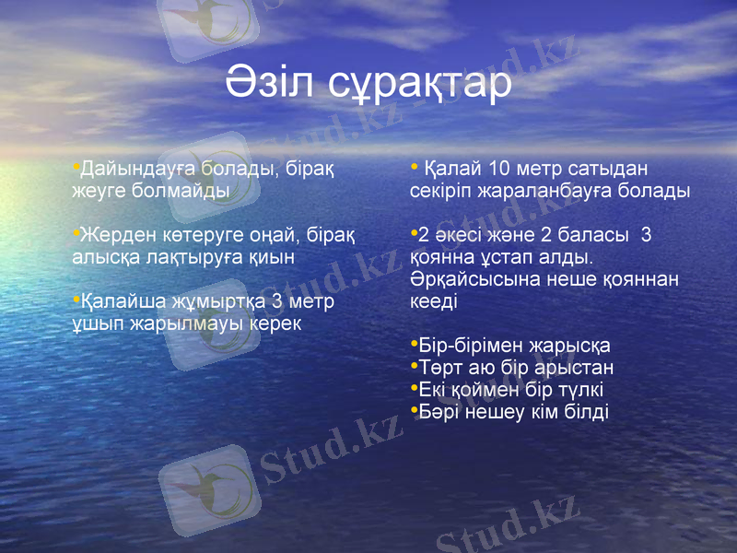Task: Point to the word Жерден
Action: [x=111, y=235]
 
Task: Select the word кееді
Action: [x=433, y=301]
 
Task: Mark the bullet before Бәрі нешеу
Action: [x=414, y=410]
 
